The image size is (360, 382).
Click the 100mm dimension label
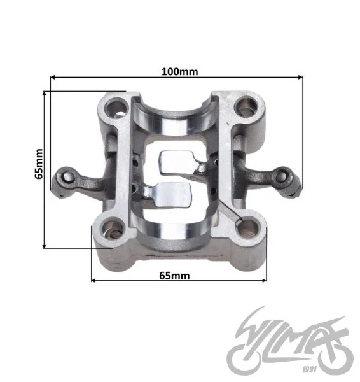pos(180,72)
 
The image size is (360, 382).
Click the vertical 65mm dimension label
pos(39,164)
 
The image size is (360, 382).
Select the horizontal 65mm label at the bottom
pos(174,276)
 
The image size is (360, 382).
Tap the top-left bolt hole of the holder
pos(117,108)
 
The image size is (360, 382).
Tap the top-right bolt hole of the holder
pos(246,106)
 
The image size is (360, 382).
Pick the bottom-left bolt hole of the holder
pos(113,230)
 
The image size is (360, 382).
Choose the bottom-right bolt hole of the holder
pos(247,229)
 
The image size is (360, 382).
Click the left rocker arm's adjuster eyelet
pos(66,178)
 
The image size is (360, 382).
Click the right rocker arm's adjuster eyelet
pos(282,177)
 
